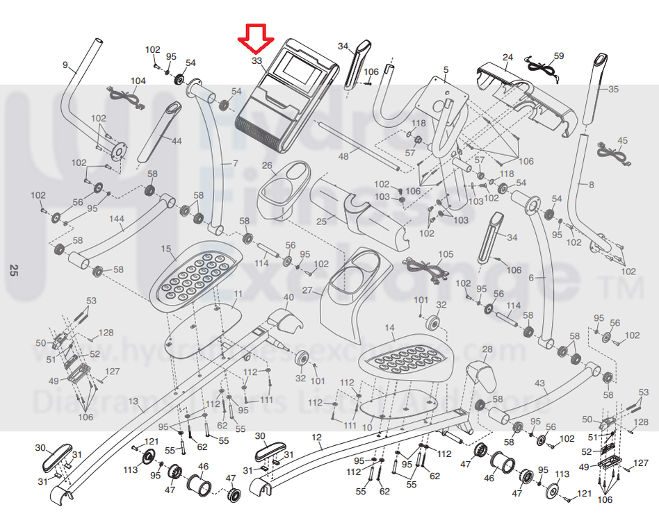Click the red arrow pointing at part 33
pyautogui.click(x=255, y=39)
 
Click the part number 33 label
pyautogui.click(x=257, y=61)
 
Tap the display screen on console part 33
pyautogui.click(x=298, y=69)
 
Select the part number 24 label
pyautogui.click(x=507, y=57)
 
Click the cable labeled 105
pyautogui.click(x=425, y=268)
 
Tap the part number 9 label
pyautogui.click(x=65, y=65)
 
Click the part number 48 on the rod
pyautogui.click(x=343, y=157)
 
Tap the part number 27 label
pyautogui.click(x=307, y=290)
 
